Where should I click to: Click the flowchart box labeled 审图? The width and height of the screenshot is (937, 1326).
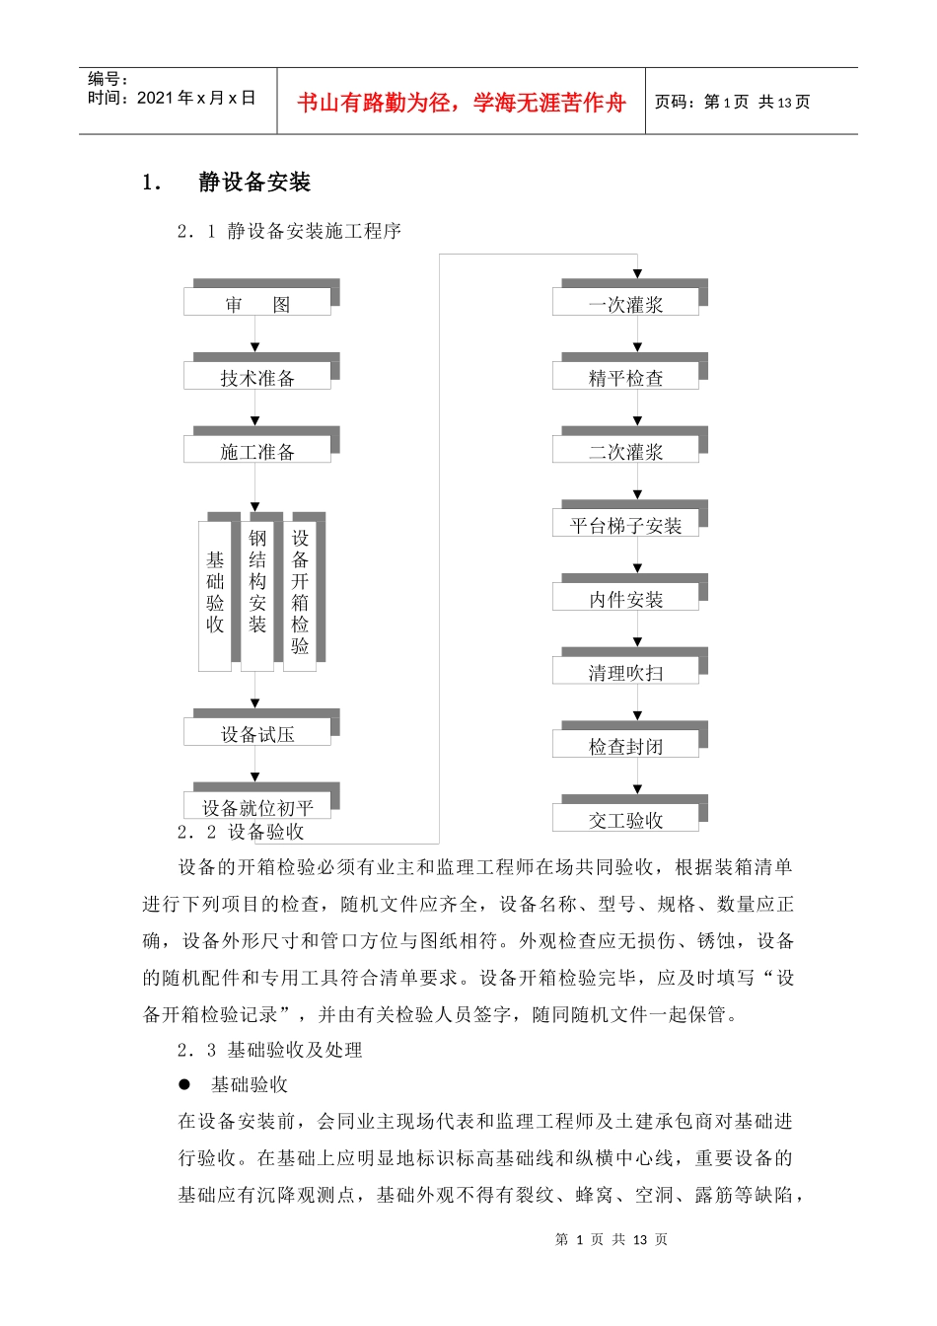click(x=257, y=303)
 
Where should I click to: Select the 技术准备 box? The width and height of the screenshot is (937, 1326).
click(x=257, y=377)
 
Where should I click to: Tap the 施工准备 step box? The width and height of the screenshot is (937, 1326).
click(x=257, y=451)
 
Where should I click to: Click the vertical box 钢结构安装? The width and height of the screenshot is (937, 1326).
click(x=257, y=592)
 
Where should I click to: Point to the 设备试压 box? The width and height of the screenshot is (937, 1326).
click(x=257, y=733)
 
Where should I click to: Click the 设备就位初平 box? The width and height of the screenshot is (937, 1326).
click(x=257, y=806)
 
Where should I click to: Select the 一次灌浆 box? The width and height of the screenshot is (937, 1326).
click(x=625, y=303)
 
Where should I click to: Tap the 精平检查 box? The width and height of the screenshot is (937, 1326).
click(x=625, y=377)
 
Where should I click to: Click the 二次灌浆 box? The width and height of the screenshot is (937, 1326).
click(x=625, y=451)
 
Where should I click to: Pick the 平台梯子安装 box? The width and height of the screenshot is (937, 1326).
click(x=625, y=525)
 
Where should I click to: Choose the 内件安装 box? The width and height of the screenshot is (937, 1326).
click(x=625, y=598)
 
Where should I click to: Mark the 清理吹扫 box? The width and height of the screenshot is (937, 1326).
click(x=625, y=672)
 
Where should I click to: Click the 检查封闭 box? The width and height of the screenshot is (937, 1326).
click(x=625, y=746)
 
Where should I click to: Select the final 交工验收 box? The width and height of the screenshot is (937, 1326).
click(x=625, y=819)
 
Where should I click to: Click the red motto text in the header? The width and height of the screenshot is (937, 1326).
click(x=461, y=103)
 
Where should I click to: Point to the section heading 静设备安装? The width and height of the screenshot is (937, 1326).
click(x=254, y=183)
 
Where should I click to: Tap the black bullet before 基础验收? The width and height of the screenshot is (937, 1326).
click(x=184, y=1084)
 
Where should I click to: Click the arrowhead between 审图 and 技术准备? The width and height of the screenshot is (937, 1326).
click(x=255, y=347)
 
